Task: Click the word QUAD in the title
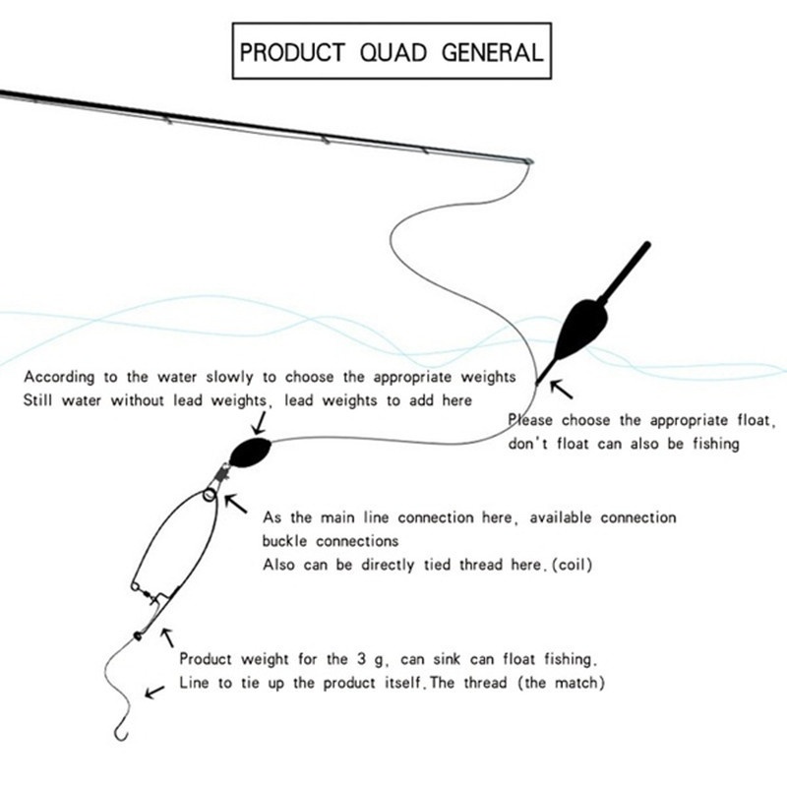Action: (x=393, y=52)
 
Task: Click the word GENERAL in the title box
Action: (x=493, y=52)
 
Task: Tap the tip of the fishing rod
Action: (x=529, y=161)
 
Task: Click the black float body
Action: (x=581, y=330)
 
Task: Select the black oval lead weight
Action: (x=251, y=452)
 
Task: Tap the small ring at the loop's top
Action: (x=210, y=496)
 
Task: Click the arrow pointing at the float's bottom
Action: (x=561, y=390)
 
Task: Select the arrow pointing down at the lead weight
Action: (x=259, y=423)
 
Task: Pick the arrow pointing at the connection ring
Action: (x=235, y=504)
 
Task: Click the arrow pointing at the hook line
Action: (x=154, y=692)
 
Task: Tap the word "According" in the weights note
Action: (x=59, y=378)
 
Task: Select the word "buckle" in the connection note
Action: (x=284, y=540)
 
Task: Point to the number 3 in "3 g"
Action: (x=361, y=658)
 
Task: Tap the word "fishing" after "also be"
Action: (x=716, y=445)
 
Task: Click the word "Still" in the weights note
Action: (x=37, y=400)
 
